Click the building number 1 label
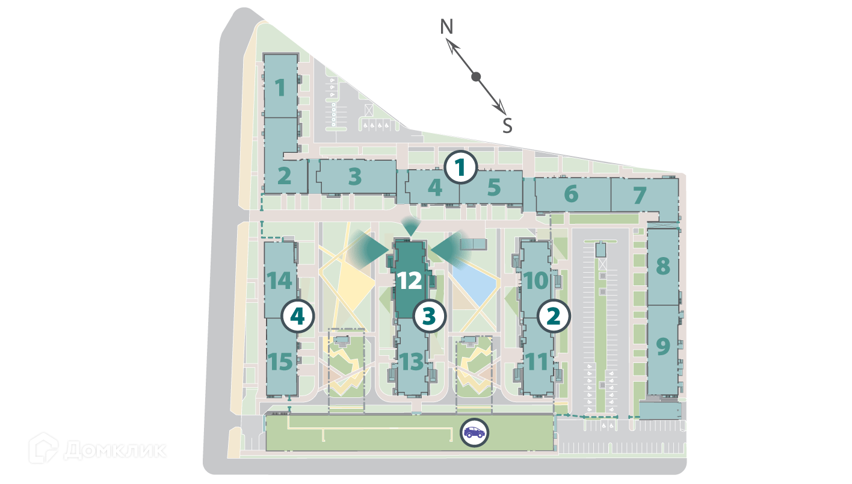click(x=280, y=88)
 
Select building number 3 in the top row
click(x=355, y=177)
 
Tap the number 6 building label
click(x=571, y=194)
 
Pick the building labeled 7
click(x=640, y=195)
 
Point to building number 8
click(x=662, y=265)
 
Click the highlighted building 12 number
click(x=409, y=281)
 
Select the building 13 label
click(x=412, y=362)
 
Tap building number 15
click(x=280, y=362)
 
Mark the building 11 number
click(x=536, y=362)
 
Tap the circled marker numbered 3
click(x=428, y=316)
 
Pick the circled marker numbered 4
click(x=298, y=316)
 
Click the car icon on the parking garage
click(x=475, y=432)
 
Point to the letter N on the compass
click(x=446, y=27)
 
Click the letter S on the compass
click(x=507, y=126)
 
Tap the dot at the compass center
click(x=476, y=76)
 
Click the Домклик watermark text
click(x=114, y=449)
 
